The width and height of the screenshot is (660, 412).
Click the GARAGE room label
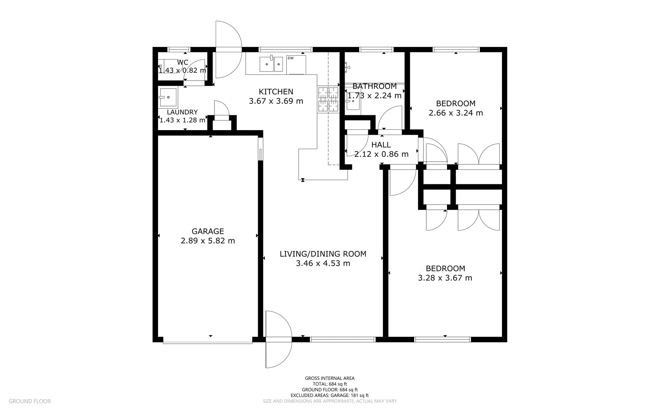(x=208, y=231)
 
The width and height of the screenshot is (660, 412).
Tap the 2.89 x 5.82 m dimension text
(x=208, y=241)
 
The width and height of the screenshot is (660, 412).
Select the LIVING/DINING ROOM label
(x=323, y=254)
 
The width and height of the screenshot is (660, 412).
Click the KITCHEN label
(x=276, y=92)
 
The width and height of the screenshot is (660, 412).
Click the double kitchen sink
(x=271, y=64)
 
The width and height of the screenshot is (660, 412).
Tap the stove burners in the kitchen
(x=328, y=99)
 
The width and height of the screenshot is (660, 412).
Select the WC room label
(x=182, y=63)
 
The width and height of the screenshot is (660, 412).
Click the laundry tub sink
(x=168, y=97)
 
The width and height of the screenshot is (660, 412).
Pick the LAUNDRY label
(x=182, y=112)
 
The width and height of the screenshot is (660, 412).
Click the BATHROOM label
(x=374, y=86)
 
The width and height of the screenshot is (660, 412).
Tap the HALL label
(x=381, y=145)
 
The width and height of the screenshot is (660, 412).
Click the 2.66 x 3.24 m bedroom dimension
(x=456, y=113)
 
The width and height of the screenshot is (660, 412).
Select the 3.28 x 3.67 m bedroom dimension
(x=445, y=278)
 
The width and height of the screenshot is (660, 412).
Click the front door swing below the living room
(x=278, y=340)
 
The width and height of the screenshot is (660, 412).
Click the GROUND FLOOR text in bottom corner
(x=30, y=401)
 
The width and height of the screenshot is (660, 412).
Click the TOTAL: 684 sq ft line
(x=330, y=384)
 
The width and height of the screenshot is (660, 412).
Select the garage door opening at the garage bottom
(x=208, y=340)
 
